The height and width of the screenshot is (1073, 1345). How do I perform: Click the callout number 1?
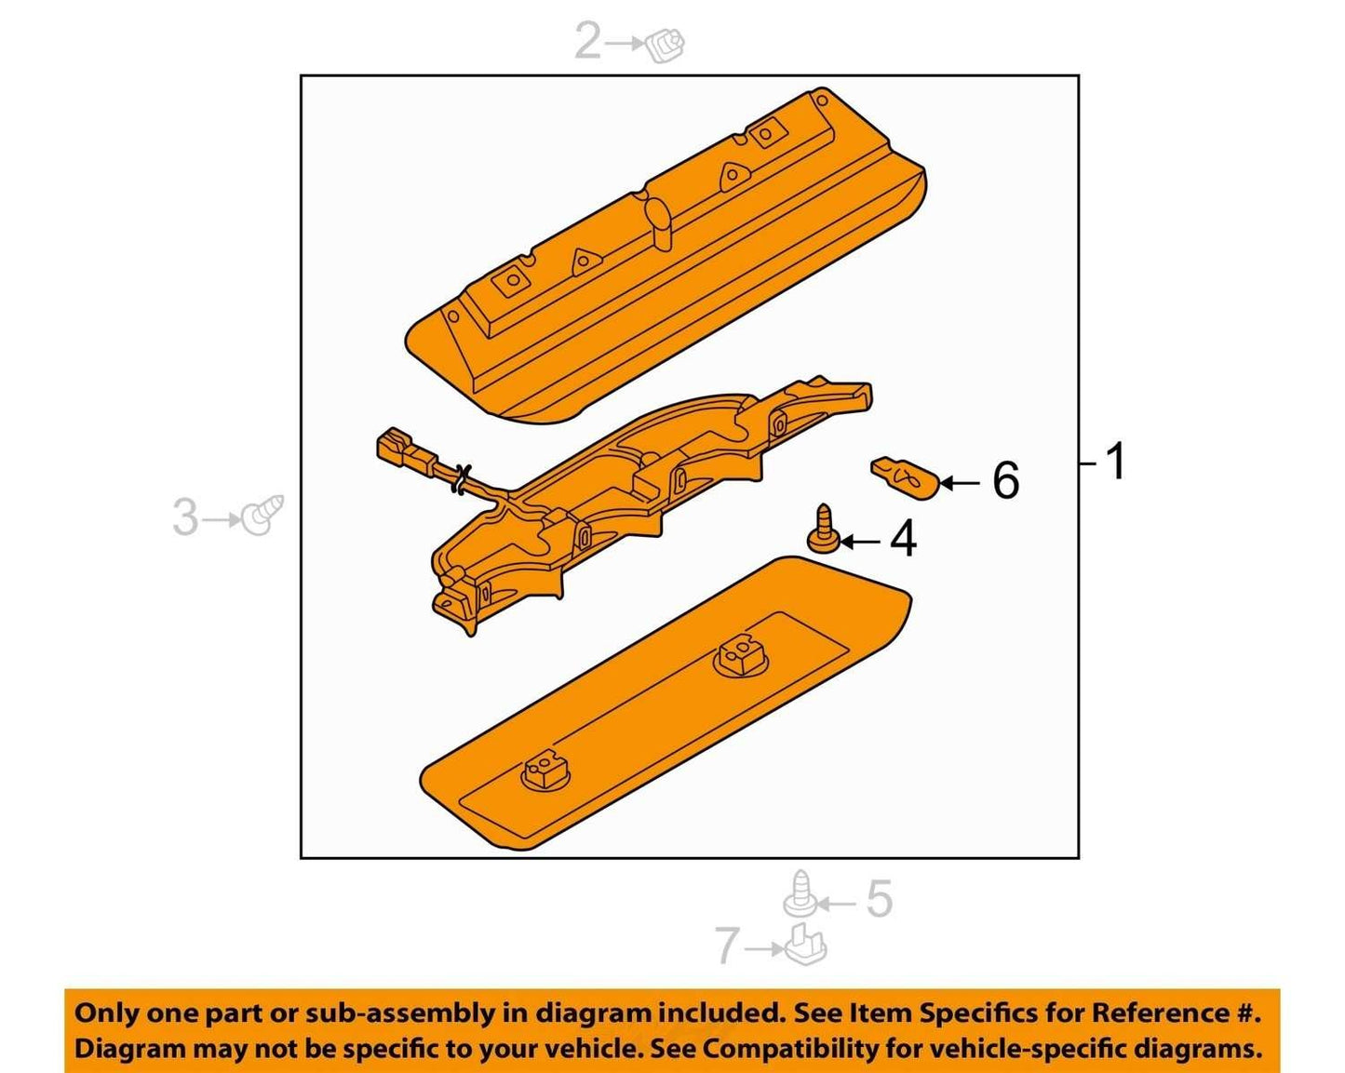pos(1115,462)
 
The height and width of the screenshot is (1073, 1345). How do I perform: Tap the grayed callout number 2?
pos(587,41)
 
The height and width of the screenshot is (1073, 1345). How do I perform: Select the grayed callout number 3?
pos(185,517)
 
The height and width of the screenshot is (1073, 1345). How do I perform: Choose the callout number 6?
pos(1005,480)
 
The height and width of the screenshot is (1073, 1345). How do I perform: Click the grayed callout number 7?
pos(728,946)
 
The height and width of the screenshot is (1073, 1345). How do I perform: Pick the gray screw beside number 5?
pos(800,894)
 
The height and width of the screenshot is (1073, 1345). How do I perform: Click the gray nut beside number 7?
pos(806,945)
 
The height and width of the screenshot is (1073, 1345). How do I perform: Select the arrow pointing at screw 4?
pos(862,542)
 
